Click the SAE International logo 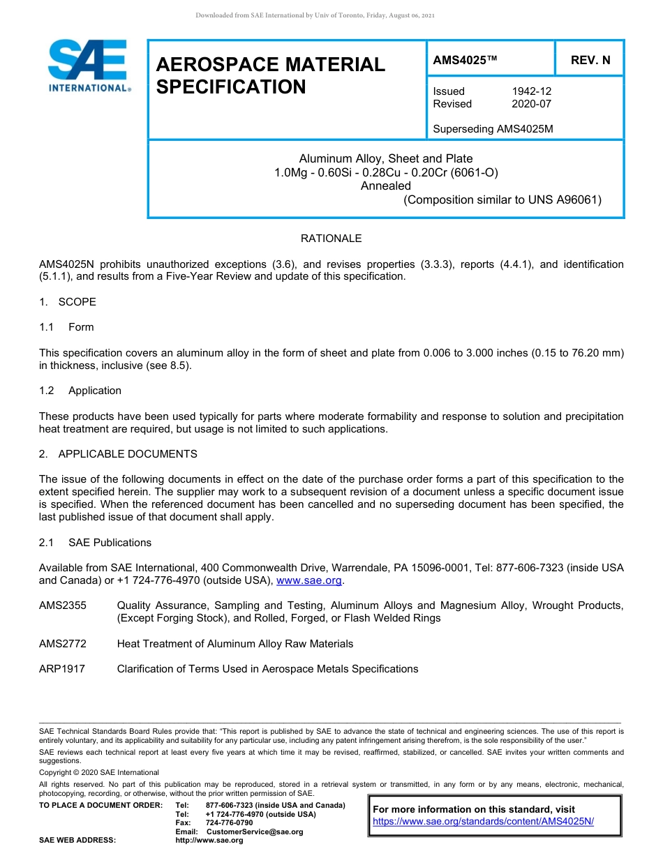point(88,66)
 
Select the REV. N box point(590,60)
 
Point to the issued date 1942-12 point(532,91)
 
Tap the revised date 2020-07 point(532,104)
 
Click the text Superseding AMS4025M point(493,129)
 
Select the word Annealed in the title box point(385,186)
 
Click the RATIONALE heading point(331,239)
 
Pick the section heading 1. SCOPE point(68,302)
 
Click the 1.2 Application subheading point(80,391)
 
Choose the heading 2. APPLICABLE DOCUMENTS point(118,454)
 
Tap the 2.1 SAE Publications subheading point(95,543)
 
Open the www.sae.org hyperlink point(309,581)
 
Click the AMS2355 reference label point(63,605)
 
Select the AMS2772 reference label point(63,644)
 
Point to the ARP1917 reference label point(62,669)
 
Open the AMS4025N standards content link point(483,822)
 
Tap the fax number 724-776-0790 point(229,823)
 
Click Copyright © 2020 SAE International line point(99,772)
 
